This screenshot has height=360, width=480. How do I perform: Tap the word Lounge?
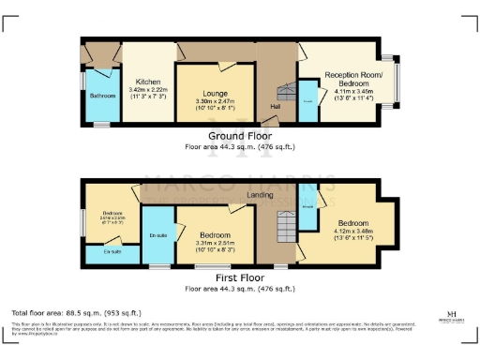(x=217, y=93)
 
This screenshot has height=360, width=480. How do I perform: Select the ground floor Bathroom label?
(x=102, y=96)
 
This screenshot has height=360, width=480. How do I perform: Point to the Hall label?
(x=276, y=106)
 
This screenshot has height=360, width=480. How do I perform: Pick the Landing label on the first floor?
(x=260, y=195)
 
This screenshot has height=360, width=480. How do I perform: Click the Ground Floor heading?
(x=240, y=136)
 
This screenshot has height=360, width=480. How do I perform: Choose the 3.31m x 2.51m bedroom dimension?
(x=217, y=242)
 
